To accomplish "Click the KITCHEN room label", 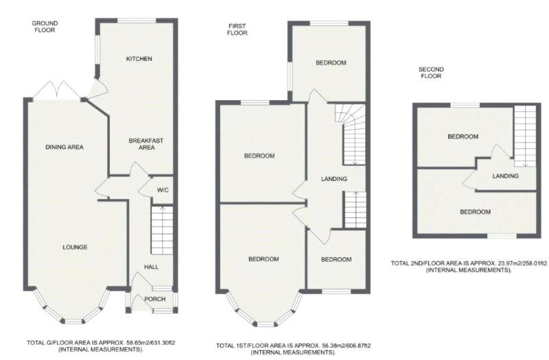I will click(x=139, y=59).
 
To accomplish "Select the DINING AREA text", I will click(x=65, y=147).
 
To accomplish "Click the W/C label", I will click(x=163, y=190).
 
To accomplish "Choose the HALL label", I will click(x=151, y=267).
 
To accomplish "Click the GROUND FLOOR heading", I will click(x=45, y=27).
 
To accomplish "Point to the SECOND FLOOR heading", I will click(x=433, y=73).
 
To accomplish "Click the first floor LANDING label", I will click(x=334, y=179).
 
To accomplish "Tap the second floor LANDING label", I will click(x=504, y=176).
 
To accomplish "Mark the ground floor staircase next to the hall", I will click(x=161, y=230).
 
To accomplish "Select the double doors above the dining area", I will click(x=55, y=90).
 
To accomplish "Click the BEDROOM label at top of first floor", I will click(x=331, y=63).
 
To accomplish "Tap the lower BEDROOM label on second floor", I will click(x=475, y=212).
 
